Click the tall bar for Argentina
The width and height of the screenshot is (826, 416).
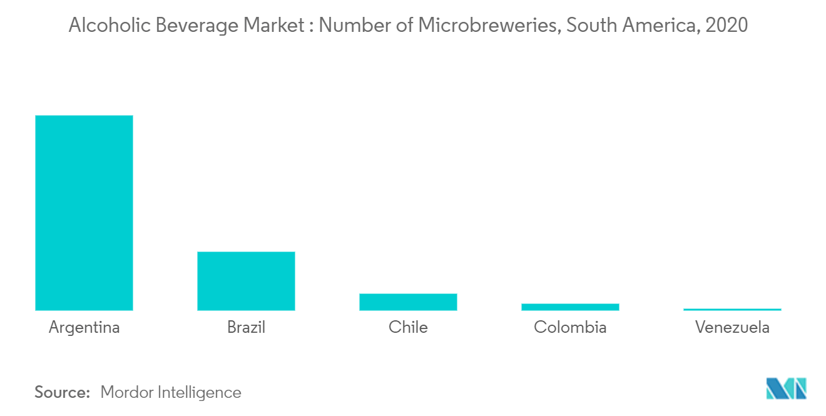pyautogui.click(x=84, y=213)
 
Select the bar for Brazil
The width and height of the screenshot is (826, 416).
pyautogui.click(x=246, y=281)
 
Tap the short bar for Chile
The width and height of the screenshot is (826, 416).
pyautogui.click(x=408, y=302)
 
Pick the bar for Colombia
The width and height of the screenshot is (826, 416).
pyautogui.click(x=570, y=307)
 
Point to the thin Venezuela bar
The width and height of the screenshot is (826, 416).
pyautogui.click(x=732, y=309)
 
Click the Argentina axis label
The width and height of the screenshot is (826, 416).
pyautogui.click(x=84, y=327)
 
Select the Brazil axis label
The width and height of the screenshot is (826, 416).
pyautogui.click(x=246, y=327)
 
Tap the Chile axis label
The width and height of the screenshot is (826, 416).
pyautogui.click(x=408, y=327)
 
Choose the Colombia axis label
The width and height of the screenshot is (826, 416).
pyautogui.click(x=570, y=327)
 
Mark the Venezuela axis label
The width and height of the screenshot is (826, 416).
pyautogui.click(x=732, y=327)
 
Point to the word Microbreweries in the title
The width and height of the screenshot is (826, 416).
pyautogui.click(x=489, y=26)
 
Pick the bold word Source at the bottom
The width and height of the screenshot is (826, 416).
pyautogui.click(x=62, y=392)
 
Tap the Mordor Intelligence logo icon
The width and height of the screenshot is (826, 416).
pyautogui.click(x=786, y=388)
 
